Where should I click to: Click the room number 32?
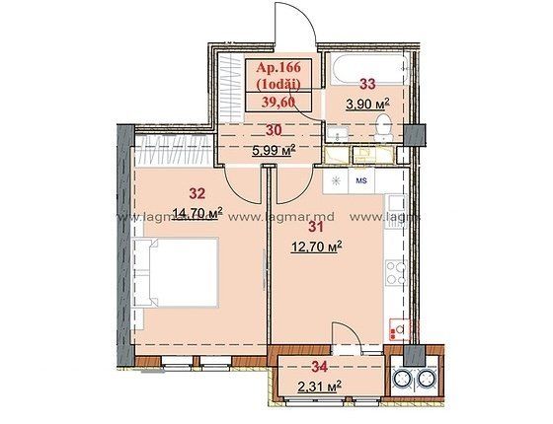pos(197,193)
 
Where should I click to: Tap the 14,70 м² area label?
pos(197,213)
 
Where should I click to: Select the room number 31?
pos(316,227)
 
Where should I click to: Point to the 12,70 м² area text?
pos(317,247)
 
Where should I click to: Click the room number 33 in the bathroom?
pos(367,84)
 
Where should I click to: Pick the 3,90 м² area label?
pos(367,104)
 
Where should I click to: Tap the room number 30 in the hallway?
pos(275,130)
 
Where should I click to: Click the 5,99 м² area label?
pos(274,151)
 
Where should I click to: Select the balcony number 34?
pos(320,367)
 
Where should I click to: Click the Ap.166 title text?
pos(278,67)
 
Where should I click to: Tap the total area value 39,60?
pos(278,102)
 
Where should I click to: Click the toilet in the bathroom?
pos(382,127)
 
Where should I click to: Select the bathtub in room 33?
pos(370,69)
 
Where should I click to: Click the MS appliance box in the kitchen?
pos(361,180)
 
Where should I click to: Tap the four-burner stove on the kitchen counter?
pos(397,272)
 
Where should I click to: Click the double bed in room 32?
pos(176,272)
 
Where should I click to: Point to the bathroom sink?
pos(338,134)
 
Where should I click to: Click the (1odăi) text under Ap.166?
pos(278,85)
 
